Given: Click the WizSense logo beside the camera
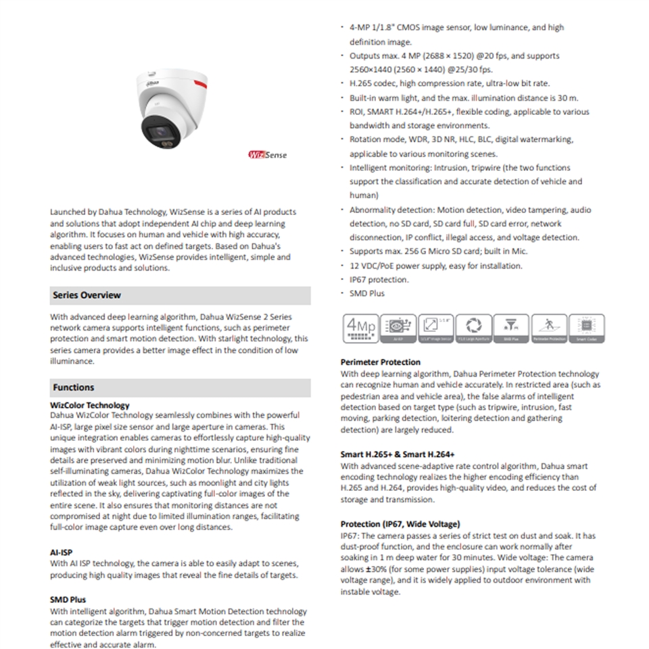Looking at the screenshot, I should click(x=268, y=155).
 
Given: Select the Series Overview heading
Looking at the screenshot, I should click(x=87, y=295).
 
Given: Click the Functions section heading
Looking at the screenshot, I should click(x=73, y=387).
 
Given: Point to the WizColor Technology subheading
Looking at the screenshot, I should click(x=89, y=406).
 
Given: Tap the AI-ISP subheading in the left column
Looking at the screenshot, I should click(x=61, y=552).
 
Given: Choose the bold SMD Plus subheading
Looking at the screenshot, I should click(x=68, y=600).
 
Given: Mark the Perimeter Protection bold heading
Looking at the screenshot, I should click(x=380, y=362).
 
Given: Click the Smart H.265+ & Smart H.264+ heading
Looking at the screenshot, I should click(x=398, y=455).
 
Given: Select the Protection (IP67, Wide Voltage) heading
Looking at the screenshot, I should click(x=400, y=524).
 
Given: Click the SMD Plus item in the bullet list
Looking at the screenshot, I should click(x=366, y=293).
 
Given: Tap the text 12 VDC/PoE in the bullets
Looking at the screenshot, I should click(x=373, y=266).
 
